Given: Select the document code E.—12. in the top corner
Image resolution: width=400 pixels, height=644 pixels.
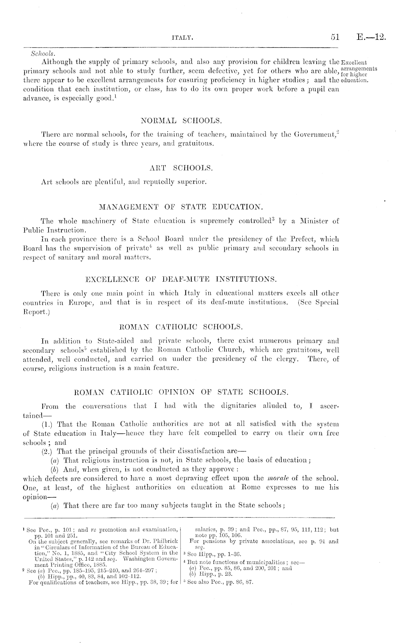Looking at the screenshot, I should [371, 37].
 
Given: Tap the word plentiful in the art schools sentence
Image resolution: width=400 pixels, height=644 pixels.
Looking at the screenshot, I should [107, 182].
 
